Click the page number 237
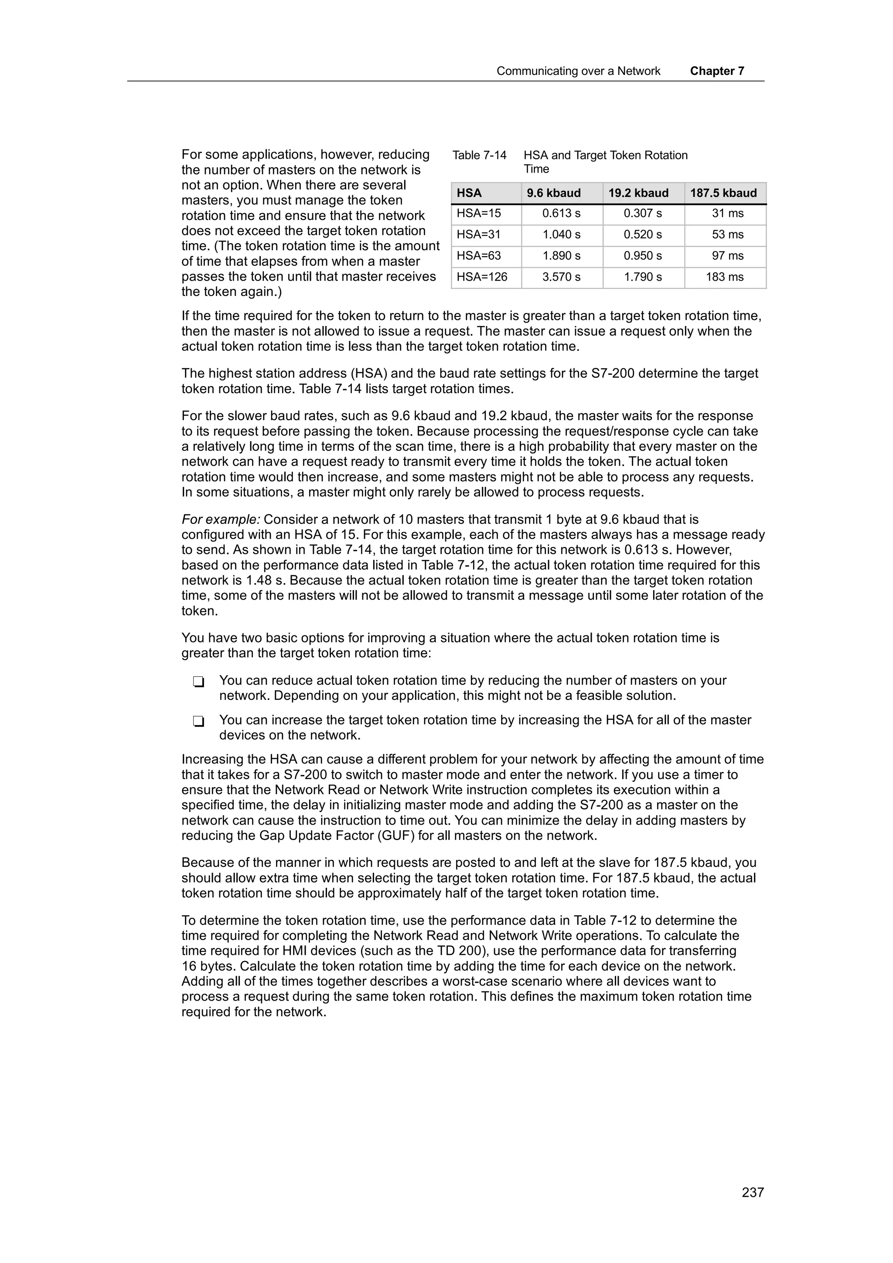(752, 1192)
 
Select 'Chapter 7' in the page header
(717, 71)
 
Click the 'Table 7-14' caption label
(479, 156)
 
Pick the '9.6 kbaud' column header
(553, 193)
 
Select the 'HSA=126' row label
(482, 277)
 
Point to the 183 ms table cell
(725, 277)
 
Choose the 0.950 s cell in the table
(643, 256)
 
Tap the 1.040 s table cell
(561, 235)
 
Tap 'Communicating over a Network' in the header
(578, 71)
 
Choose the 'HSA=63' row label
(479, 256)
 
